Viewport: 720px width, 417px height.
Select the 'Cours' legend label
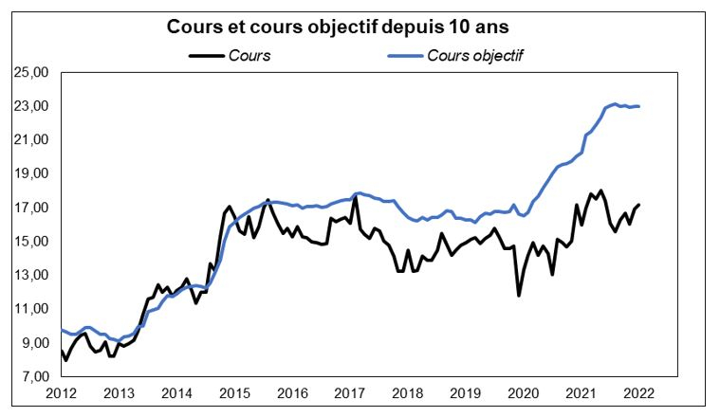(x=249, y=55)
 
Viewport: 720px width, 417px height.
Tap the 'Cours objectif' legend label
(x=475, y=55)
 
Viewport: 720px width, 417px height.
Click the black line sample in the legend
(x=206, y=55)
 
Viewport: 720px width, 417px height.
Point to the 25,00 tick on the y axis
(x=32, y=72)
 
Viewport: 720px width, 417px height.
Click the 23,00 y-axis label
(x=32, y=106)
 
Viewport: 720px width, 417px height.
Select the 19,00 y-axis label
(x=32, y=173)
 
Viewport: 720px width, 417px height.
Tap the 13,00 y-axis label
(x=32, y=275)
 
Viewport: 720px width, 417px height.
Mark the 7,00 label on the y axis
(x=32, y=376)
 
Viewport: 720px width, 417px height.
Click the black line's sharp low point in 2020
(x=519, y=296)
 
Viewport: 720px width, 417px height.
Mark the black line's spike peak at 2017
(x=355, y=196)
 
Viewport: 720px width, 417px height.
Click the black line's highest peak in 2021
(x=600, y=190)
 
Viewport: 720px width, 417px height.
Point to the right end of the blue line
(x=639, y=106)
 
